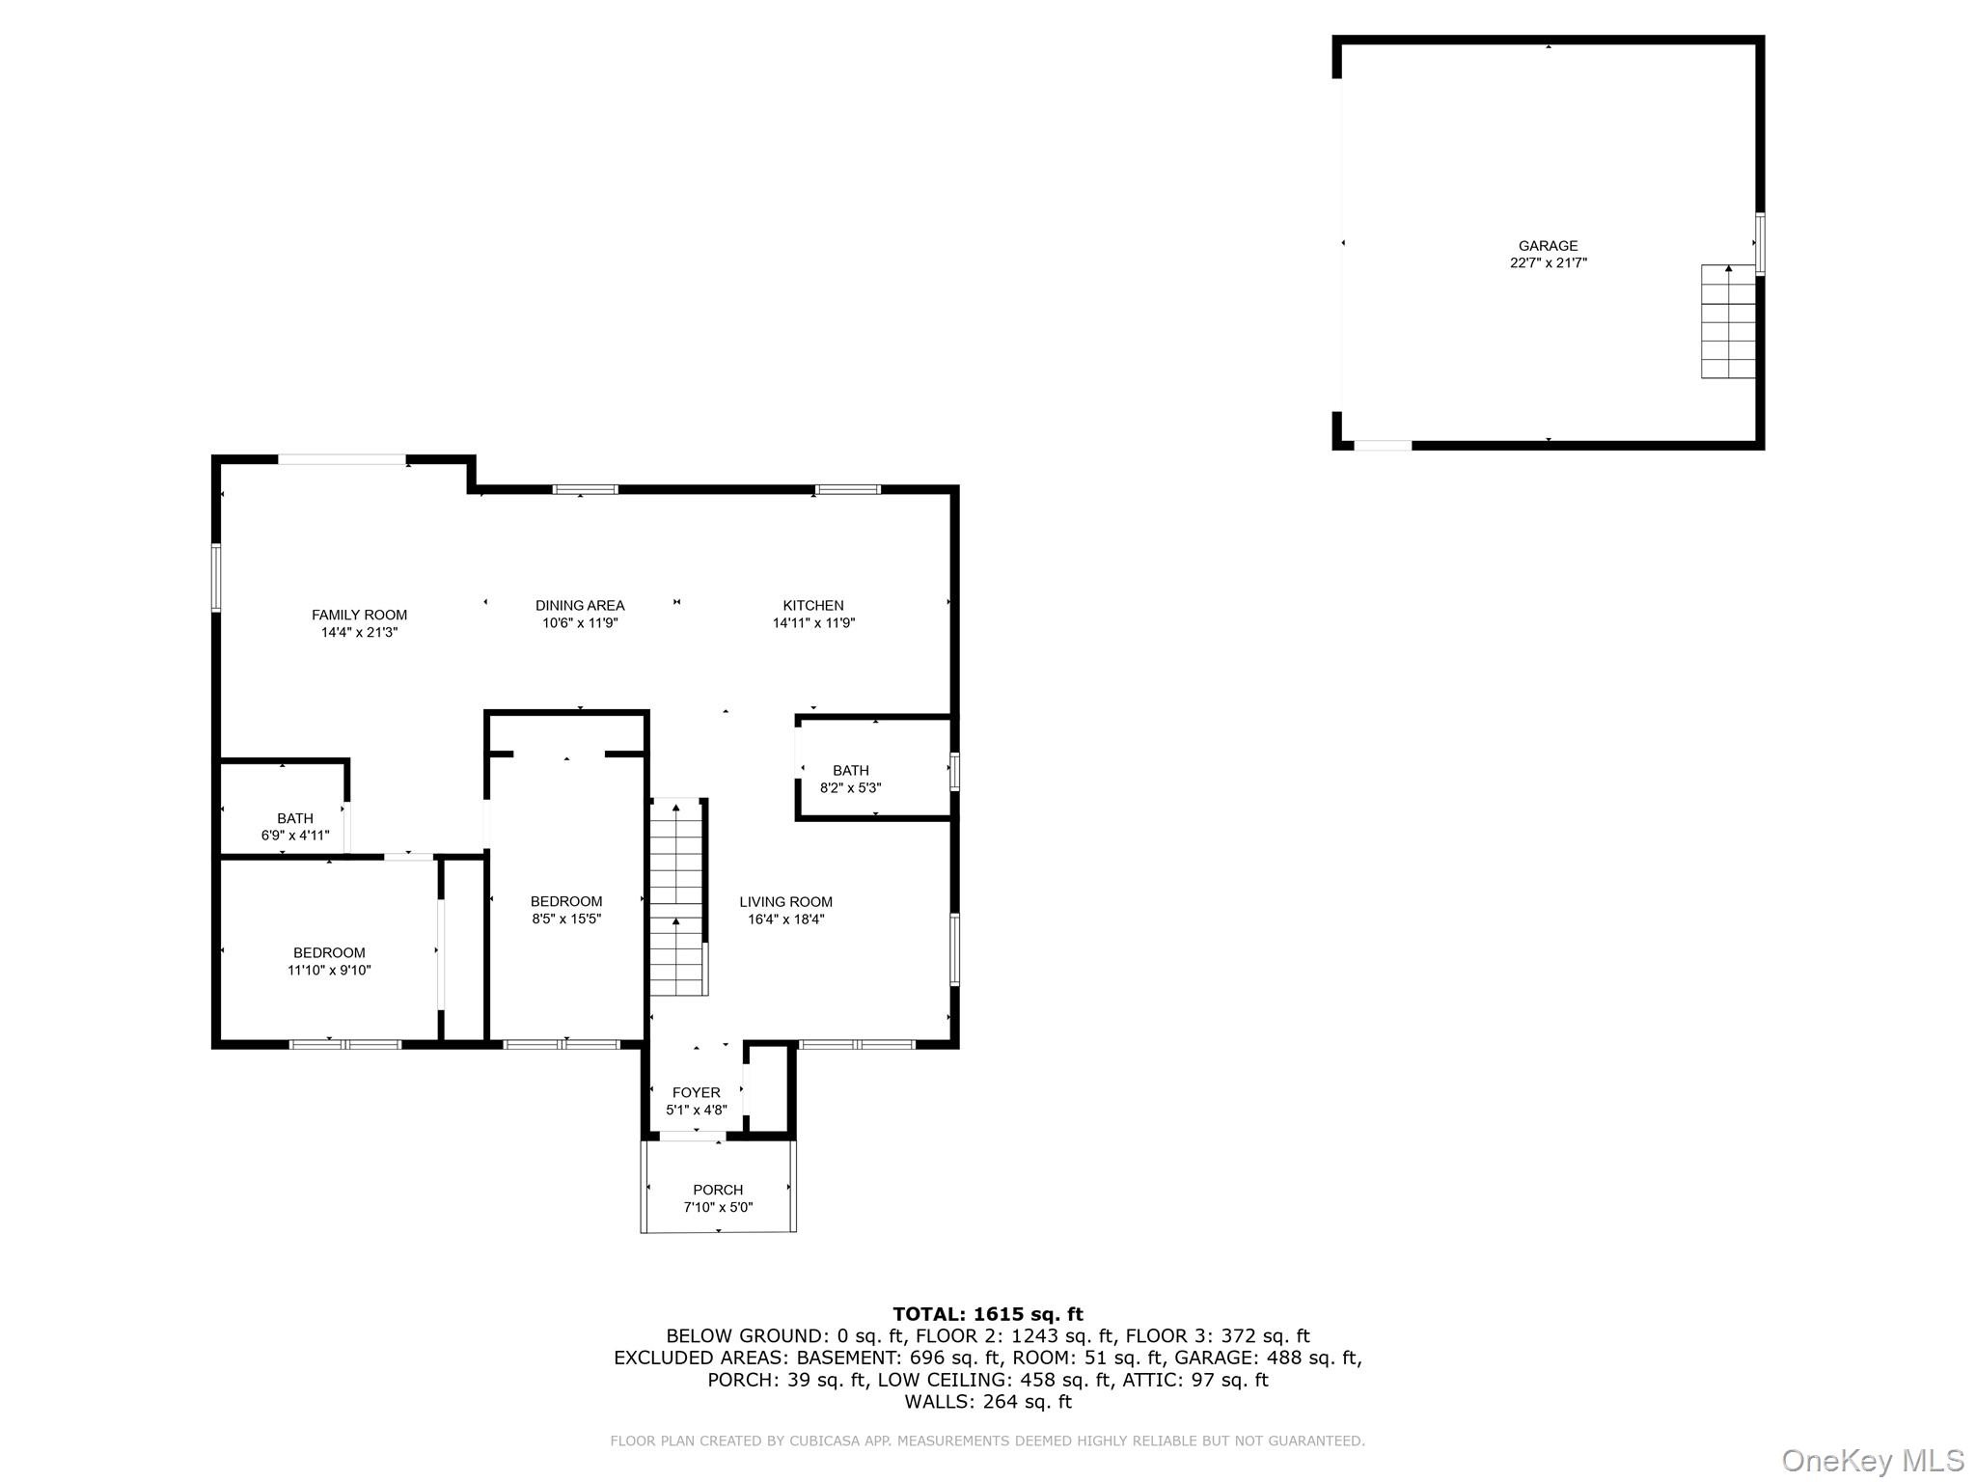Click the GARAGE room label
(x=1548, y=246)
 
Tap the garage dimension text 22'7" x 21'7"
(x=1548, y=262)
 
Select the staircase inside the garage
(x=1727, y=321)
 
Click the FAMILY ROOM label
(x=359, y=615)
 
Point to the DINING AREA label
(x=580, y=606)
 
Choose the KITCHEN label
(x=813, y=606)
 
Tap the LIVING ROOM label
(x=785, y=902)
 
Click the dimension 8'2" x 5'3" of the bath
(x=850, y=787)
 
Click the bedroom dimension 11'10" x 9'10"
(x=329, y=970)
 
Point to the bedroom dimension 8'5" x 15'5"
(x=566, y=919)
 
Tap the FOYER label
(x=696, y=1093)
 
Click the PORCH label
(x=718, y=1191)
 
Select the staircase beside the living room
(x=678, y=897)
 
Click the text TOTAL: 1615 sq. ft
(x=988, y=1314)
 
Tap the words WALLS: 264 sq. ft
(x=988, y=1402)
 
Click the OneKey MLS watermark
(x=1873, y=1460)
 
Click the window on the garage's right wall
(x=1760, y=244)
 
